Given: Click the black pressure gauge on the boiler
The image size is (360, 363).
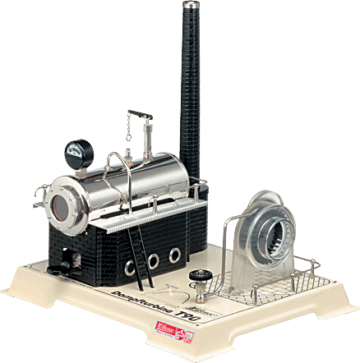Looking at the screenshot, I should [x=77, y=152].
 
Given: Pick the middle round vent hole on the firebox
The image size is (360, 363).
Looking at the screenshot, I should [x=153, y=260].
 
